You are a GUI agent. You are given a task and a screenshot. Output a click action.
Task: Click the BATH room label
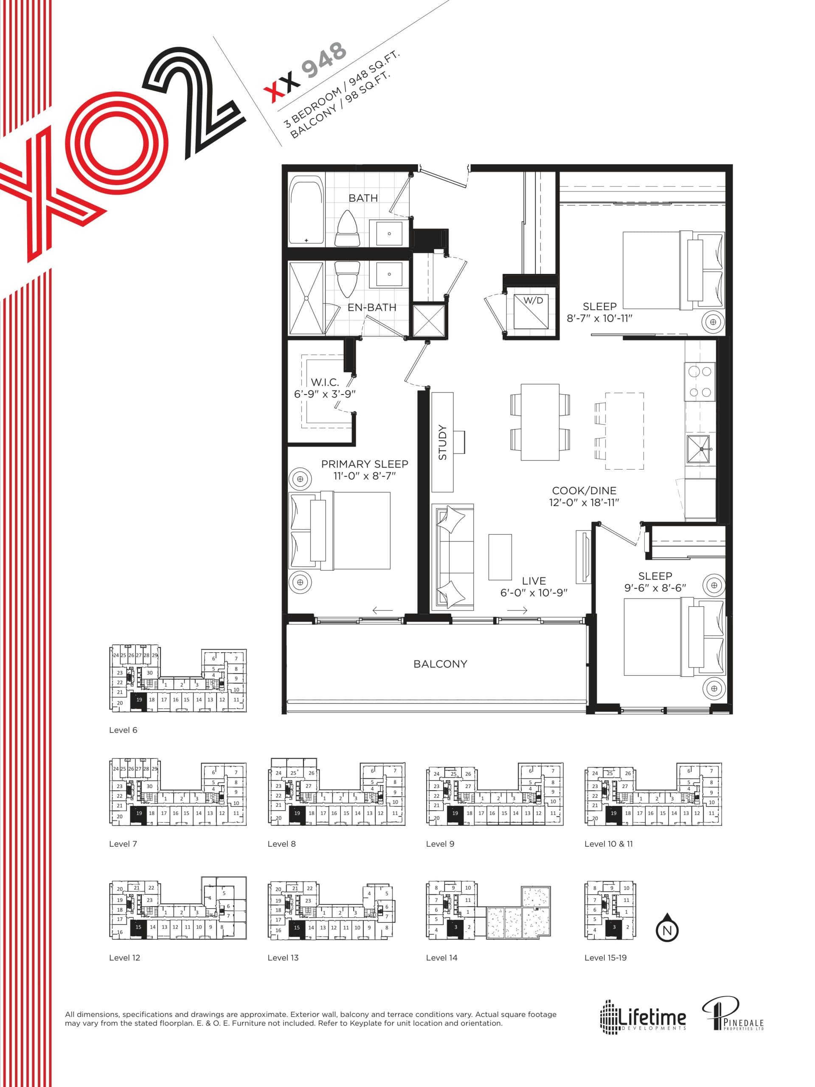pos(363,198)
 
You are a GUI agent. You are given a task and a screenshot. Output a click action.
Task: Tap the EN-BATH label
pos(372,307)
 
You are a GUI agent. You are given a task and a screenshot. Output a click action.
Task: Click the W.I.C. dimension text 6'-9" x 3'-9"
pos(325,394)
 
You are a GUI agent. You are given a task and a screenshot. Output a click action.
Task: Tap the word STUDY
pos(443,442)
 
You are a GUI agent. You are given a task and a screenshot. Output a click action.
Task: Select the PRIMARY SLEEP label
pos(365,464)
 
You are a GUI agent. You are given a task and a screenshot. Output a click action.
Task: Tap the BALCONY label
pos(440,664)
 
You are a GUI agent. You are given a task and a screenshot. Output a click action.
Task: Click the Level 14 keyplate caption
pos(441,957)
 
